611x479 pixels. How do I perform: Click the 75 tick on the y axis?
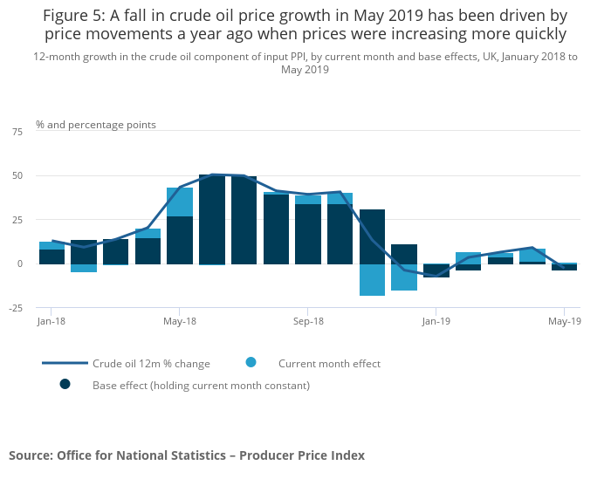coord(17,131)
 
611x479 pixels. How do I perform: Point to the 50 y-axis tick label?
coord(17,175)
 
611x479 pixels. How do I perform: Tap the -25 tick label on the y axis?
coord(16,307)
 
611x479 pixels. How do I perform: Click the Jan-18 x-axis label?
coord(51,321)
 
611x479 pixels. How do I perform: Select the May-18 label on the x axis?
coord(179,321)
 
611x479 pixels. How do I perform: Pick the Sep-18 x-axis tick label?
coord(307,321)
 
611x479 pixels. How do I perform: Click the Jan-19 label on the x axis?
coord(436,321)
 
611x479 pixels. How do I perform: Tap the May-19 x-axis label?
coord(564,321)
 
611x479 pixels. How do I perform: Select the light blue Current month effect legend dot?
coord(251,362)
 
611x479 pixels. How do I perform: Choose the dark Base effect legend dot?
coord(65,384)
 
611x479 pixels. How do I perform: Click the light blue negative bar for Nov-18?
coord(372,279)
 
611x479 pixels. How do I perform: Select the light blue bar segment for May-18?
coord(180,202)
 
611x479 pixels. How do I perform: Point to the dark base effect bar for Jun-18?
coord(212,219)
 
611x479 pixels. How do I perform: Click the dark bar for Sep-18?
coord(308,234)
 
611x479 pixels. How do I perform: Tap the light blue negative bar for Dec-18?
coord(404,277)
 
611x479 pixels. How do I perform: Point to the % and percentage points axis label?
coord(96,125)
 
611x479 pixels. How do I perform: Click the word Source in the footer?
coord(30,455)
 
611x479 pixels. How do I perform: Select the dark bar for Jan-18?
coord(51,257)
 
